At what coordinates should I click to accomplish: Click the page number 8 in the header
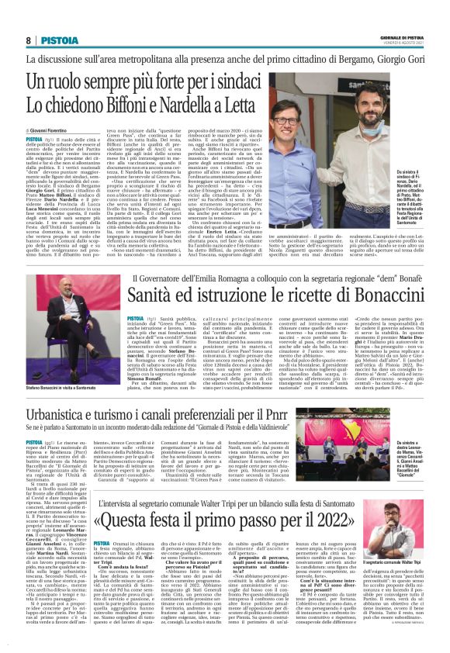pos(29,40)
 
